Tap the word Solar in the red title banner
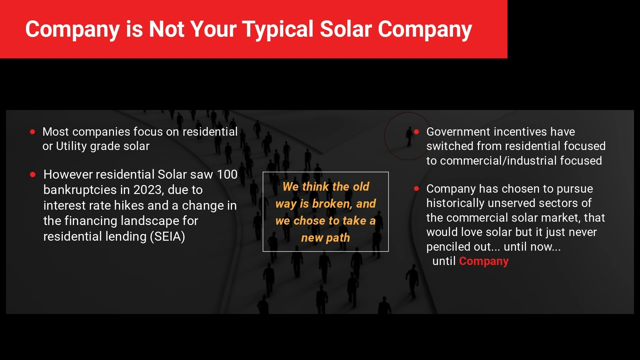pyautogui.click(x=346, y=29)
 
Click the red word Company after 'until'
pyautogui.click(x=484, y=261)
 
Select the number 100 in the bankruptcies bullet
pyautogui.click(x=227, y=174)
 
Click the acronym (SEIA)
pyautogui.click(x=167, y=236)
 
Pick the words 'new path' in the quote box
pyautogui.click(x=325, y=238)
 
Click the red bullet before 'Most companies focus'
pyautogui.click(x=33, y=132)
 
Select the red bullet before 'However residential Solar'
pyautogui.click(x=33, y=174)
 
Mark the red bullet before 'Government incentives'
pyautogui.click(x=416, y=132)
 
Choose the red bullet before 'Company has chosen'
pyautogui.click(x=416, y=188)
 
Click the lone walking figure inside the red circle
pyautogui.click(x=409, y=137)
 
